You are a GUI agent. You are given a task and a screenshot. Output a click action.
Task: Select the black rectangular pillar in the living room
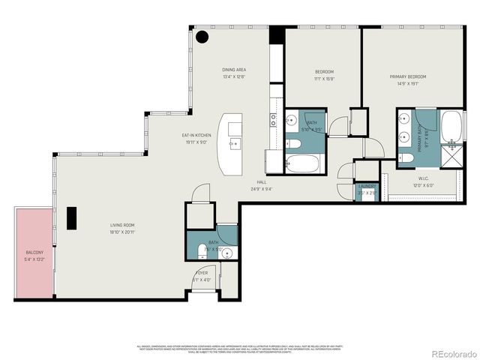point(71,217)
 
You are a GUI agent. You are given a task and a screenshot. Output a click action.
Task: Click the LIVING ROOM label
point(121,224)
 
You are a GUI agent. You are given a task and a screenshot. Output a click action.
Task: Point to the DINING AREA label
point(234,70)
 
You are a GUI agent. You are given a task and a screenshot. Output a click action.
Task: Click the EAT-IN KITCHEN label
point(196,135)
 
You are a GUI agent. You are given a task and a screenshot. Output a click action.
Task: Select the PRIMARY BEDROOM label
point(408,77)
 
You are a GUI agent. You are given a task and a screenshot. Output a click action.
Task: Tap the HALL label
point(262,182)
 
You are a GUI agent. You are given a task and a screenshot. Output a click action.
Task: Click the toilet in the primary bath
point(406,157)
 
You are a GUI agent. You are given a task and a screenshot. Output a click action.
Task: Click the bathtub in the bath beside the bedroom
point(304,163)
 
